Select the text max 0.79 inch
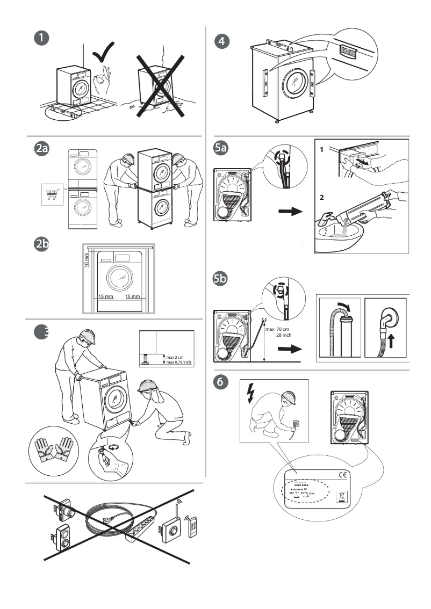point(179,363)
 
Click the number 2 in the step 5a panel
point(322,198)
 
